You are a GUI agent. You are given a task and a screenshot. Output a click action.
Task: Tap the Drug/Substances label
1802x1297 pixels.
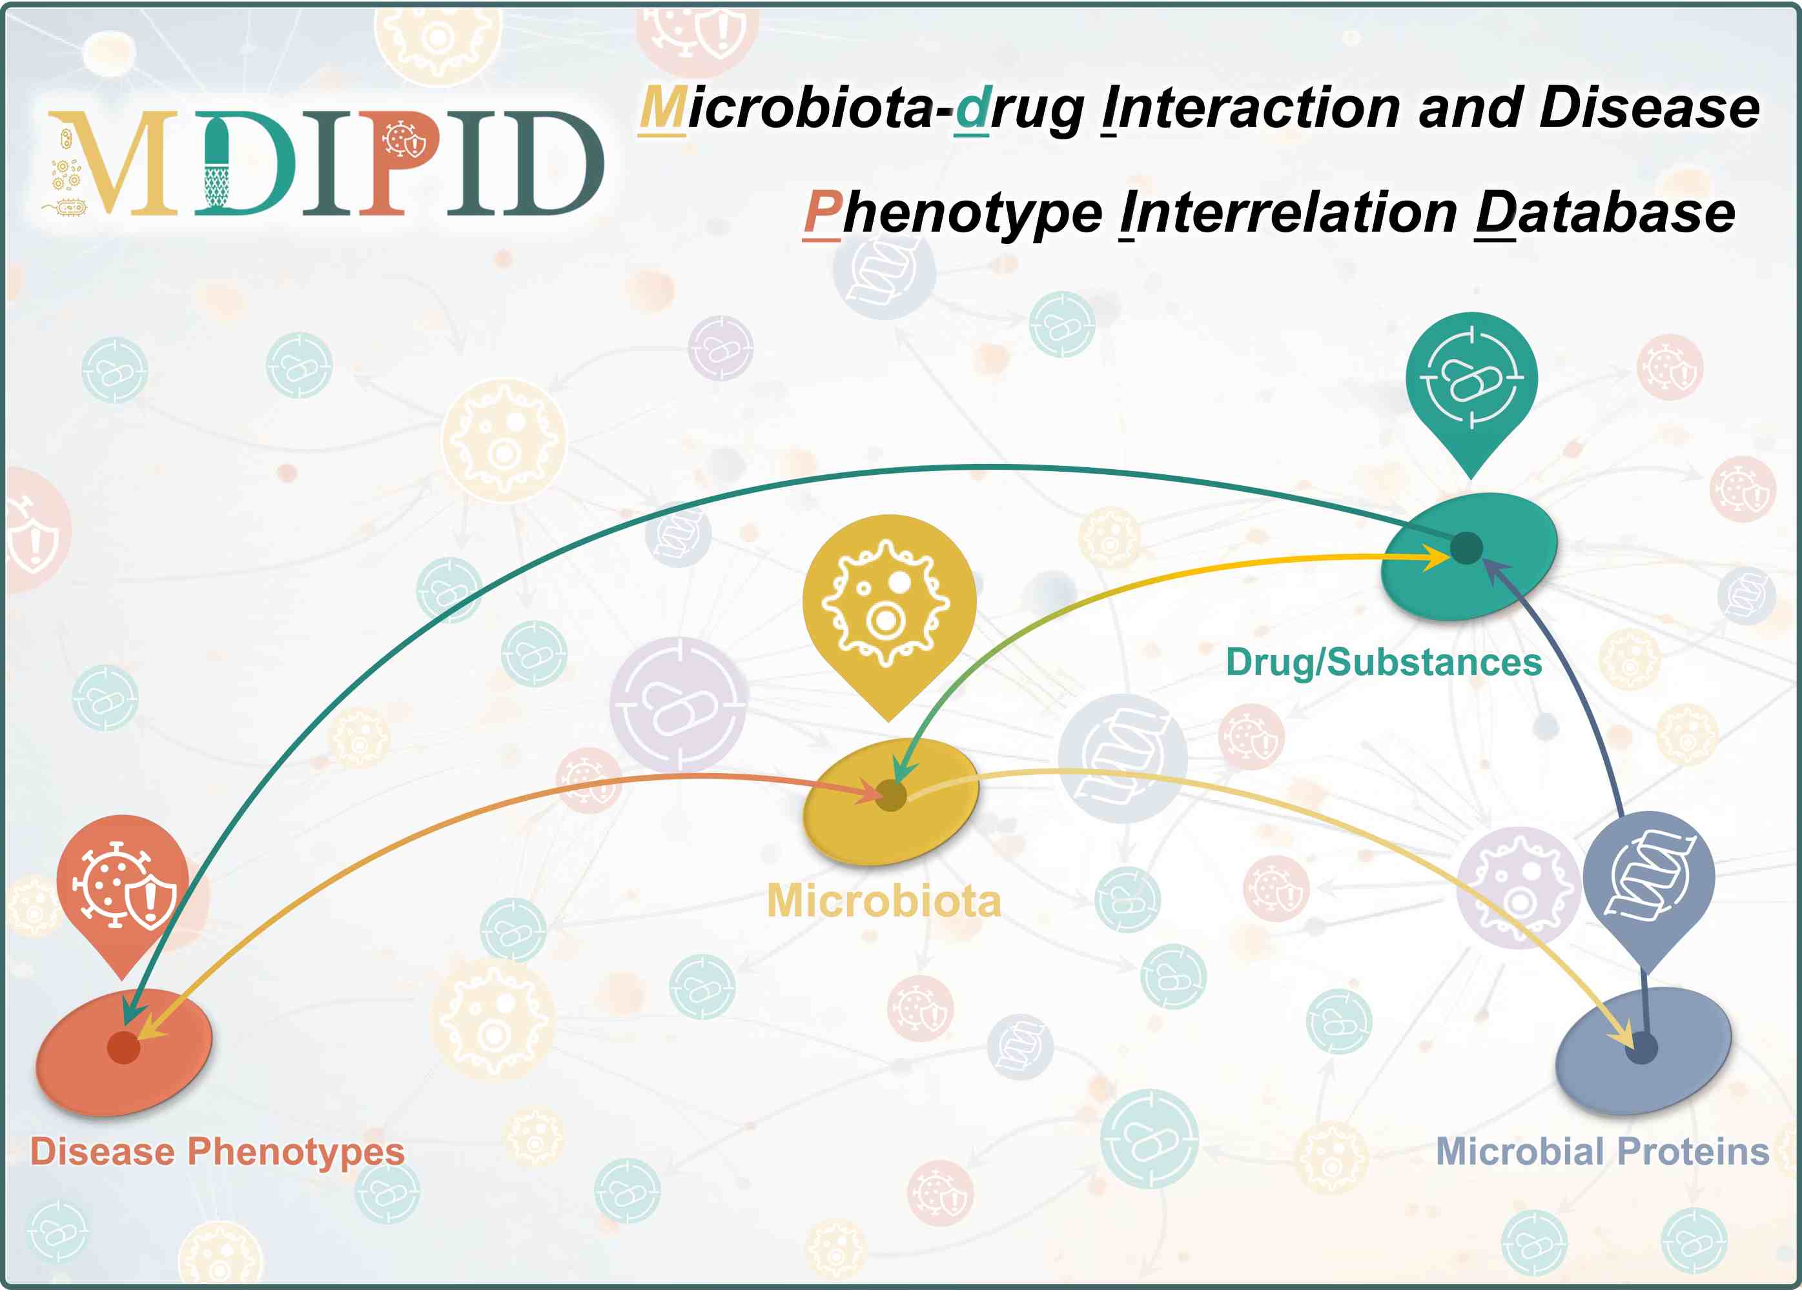[x=1383, y=663]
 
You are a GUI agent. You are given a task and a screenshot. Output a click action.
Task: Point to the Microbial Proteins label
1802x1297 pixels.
[x=1602, y=1152]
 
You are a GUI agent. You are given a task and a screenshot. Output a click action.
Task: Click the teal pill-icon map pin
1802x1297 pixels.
[x=1471, y=389]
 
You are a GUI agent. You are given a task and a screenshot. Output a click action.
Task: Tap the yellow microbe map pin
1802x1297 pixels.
[x=889, y=612]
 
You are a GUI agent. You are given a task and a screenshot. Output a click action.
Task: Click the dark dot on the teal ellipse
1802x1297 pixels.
[x=1467, y=547]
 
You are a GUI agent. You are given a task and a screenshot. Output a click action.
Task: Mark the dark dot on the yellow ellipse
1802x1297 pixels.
[x=891, y=795]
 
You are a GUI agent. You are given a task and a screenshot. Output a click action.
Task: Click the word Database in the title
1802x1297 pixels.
[x=1605, y=213]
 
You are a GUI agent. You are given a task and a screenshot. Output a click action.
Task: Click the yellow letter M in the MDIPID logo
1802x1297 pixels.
[x=114, y=163]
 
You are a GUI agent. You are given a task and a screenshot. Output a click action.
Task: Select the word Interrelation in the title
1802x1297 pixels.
[x=1288, y=213]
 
